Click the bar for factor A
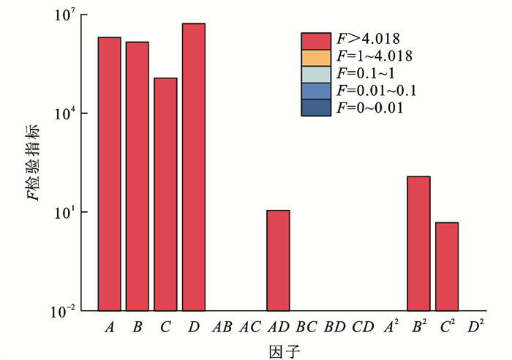click(109, 174)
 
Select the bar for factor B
click(137, 176)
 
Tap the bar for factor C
click(165, 194)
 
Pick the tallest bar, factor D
click(194, 167)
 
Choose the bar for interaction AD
click(278, 260)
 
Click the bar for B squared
click(418, 244)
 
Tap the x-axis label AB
click(222, 329)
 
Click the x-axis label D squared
click(476, 328)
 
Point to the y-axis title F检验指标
click(35, 162)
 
